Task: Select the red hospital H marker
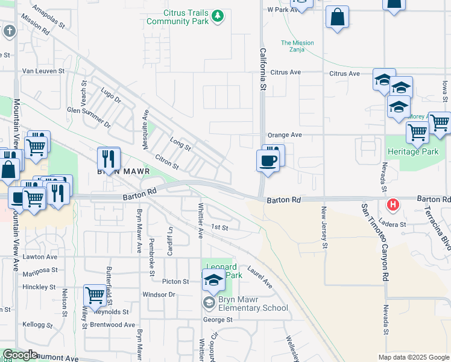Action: [x=393, y=205]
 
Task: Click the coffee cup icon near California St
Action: [x=268, y=161]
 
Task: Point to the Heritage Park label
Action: [x=413, y=152]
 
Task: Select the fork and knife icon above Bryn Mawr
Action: [x=109, y=158]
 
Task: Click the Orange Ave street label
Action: [x=285, y=135]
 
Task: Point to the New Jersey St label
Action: [x=324, y=228]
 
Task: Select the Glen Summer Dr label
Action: [x=89, y=117]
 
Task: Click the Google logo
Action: [x=19, y=355]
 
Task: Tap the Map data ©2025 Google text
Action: [x=413, y=357]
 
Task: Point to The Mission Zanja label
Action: [x=297, y=46]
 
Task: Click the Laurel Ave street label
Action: [x=260, y=277]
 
